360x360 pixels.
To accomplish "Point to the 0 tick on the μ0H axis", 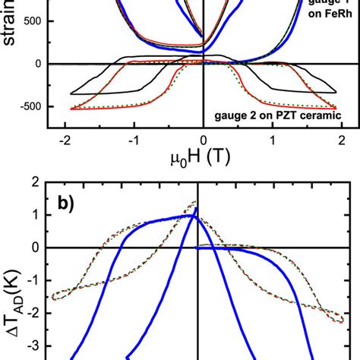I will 204,141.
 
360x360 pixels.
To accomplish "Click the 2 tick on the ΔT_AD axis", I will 34,182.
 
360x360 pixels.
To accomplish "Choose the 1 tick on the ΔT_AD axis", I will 34,215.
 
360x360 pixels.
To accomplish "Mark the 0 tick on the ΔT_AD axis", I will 34,248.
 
